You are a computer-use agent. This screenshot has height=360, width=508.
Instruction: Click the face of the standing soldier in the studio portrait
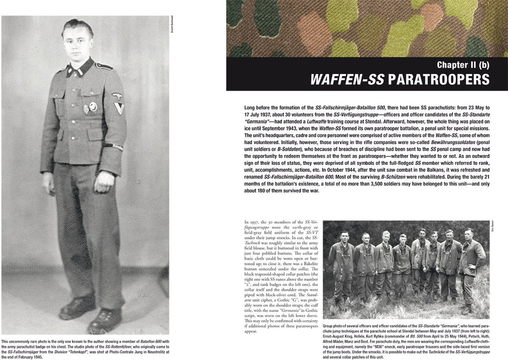point(73,45)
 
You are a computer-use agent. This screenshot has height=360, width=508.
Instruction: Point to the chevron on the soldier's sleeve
point(119,108)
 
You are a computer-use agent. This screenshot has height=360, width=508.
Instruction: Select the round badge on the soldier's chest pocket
point(93,106)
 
